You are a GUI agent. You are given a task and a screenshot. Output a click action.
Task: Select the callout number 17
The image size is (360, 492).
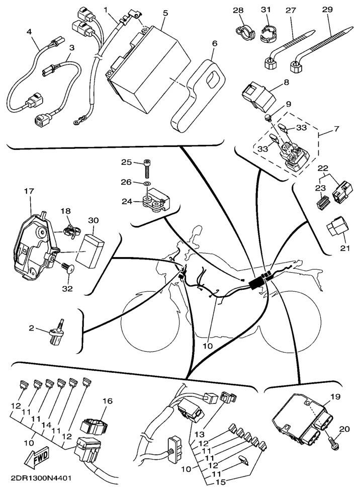28,191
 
